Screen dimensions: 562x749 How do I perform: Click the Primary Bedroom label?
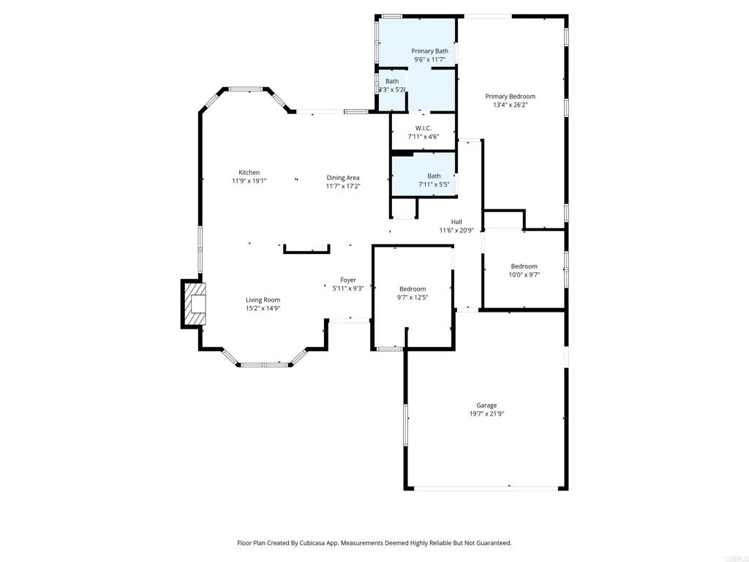click(x=511, y=97)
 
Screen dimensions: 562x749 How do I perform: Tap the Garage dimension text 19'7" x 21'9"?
click(x=486, y=414)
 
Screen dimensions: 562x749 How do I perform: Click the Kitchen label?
click(x=249, y=173)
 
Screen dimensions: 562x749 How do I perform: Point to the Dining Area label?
click(x=342, y=178)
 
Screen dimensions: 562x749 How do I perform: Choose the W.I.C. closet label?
click(x=423, y=128)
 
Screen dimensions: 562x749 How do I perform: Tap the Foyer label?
click(x=347, y=280)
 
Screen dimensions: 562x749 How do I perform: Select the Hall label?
click(x=456, y=222)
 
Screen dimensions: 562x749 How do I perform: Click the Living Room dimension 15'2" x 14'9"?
click(x=263, y=308)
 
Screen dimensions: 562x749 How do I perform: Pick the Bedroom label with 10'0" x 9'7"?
click(x=524, y=266)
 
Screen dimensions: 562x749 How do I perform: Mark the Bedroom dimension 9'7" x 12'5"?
click(x=413, y=297)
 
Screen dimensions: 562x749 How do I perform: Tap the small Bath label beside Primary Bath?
click(x=392, y=81)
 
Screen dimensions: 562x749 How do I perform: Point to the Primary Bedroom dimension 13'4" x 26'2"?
click(x=511, y=105)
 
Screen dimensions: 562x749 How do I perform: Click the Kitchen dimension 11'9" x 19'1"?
click(x=249, y=181)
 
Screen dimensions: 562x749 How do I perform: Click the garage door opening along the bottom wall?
click(x=486, y=488)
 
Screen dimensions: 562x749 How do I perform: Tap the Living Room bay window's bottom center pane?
click(x=264, y=364)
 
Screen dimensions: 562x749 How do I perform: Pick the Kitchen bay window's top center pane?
click(x=246, y=89)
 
